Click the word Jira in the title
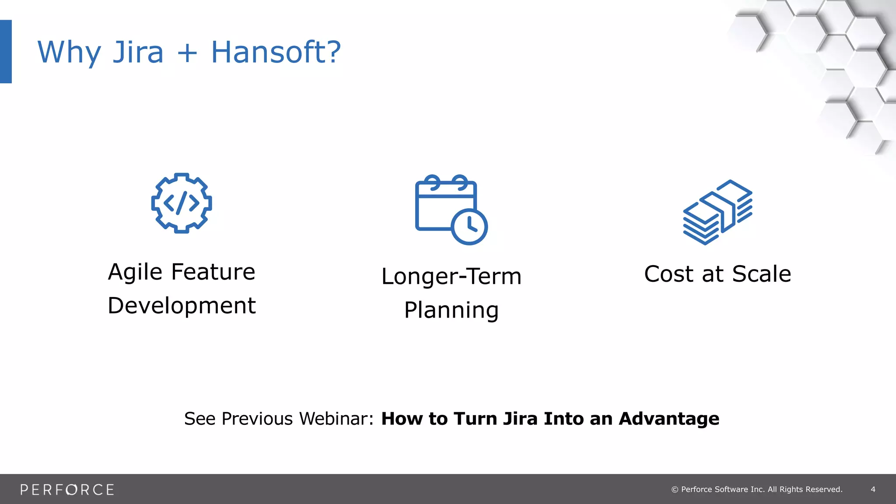click(138, 52)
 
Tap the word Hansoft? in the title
click(276, 52)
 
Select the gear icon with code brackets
click(182, 203)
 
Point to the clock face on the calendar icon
click(469, 227)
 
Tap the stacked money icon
click(717, 212)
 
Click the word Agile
click(135, 273)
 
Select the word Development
click(182, 305)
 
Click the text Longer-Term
click(451, 276)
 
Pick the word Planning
click(451, 310)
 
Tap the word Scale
click(761, 274)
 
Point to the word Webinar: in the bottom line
click(336, 419)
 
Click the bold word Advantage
click(669, 419)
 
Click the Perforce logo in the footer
click(67, 490)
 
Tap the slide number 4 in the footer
click(873, 490)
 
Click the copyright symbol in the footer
click(675, 490)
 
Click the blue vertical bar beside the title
click(6, 51)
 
